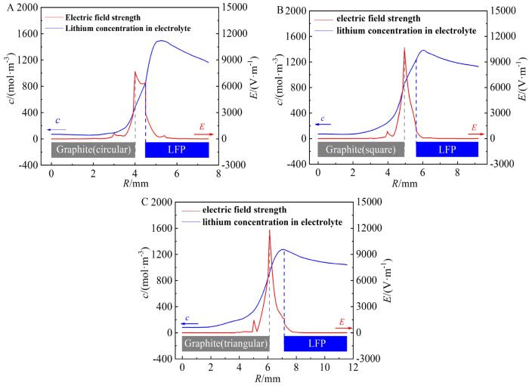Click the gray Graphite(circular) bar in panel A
coord(92,150)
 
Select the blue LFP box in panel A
coord(177,150)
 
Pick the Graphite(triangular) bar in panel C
coord(224,343)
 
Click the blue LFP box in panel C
coord(315,343)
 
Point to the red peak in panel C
coord(269,230)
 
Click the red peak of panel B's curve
coord(404,48)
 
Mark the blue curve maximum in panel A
coord(160,41)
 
